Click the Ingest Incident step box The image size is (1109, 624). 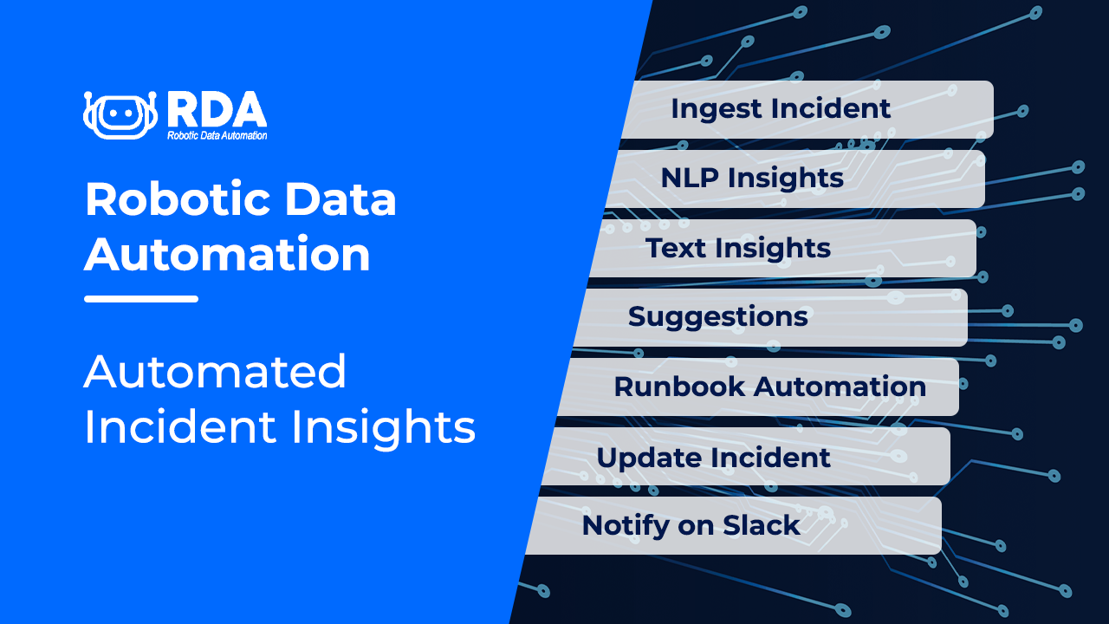pyautogui.click(x=806, y=109)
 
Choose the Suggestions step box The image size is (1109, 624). pyautogui.click(x=771, y=317)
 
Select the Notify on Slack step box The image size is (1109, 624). pyautogui.click(x=736, y=525)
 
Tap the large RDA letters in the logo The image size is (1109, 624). pyautogui.click(x=216, y=108)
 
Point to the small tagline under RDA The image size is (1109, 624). pyautogui.click(x=217, y=135)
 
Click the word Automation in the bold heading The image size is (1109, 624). pyautogui.click(x=227, y=255)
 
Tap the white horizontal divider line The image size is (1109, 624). pyautogui.click(x=141, y=299)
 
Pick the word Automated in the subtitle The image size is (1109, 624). pyautogui.click(x=215, y=372)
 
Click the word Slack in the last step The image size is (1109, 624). pyautogui.click(x=762, y=525)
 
